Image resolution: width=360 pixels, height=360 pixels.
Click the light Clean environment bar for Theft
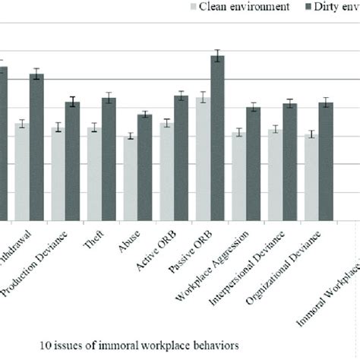tap(94, 174)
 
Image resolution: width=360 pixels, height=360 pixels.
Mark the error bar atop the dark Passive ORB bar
tap(218, 55)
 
